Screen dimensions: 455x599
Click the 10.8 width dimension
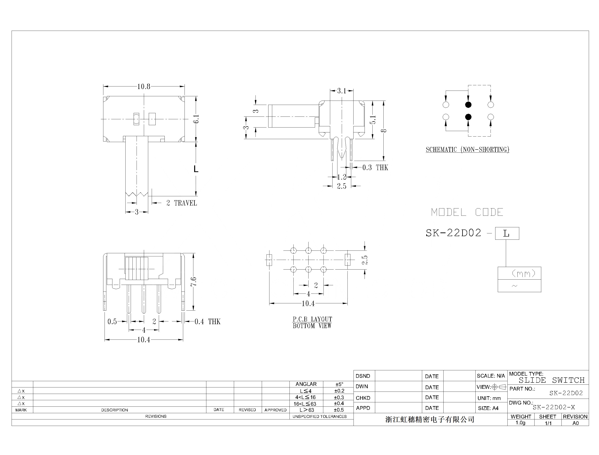click(x=144, y=86)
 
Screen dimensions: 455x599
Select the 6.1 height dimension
click(x=196, y=119)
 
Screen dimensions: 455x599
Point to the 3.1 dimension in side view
click(x=342, y=91)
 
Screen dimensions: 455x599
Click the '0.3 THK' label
click(x=375, y=168)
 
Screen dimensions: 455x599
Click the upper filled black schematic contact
click(x=468, y=105)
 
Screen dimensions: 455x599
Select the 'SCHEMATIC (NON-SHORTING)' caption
click(x=467, y=150)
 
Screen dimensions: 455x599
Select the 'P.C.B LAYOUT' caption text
click(x=312, y=319)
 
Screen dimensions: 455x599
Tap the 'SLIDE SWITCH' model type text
click(x=552, y=380)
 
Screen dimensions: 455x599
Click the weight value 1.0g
click(x=520, y=423)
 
